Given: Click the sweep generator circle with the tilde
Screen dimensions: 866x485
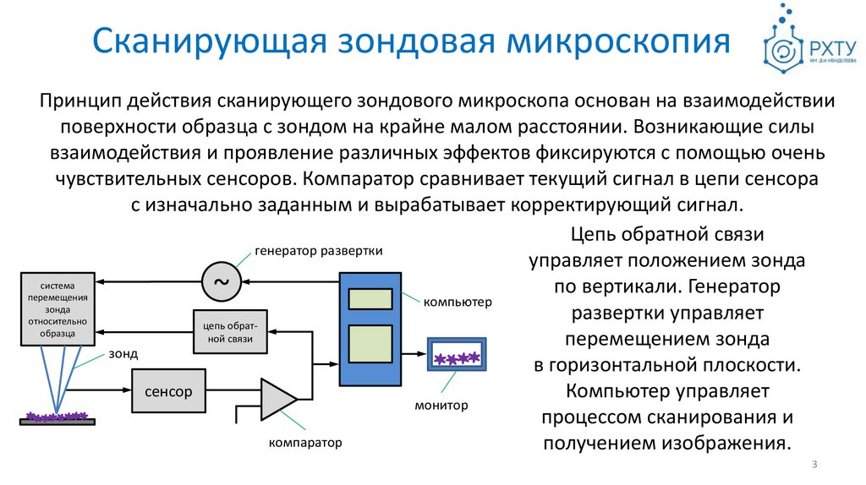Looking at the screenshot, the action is (x=222, y=281).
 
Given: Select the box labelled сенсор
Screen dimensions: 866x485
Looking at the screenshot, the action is (x=168, y=391).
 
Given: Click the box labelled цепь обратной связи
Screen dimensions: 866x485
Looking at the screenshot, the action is (x=230, y=333).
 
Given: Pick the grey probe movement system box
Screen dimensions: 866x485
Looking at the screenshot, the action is (x=59, y=308).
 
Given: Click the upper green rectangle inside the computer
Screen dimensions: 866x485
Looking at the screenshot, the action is (x=370, y=298).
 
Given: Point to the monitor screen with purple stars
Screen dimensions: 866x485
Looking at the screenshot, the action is (x=457, y=358).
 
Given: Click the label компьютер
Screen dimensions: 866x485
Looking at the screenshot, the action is (x=458, y=302).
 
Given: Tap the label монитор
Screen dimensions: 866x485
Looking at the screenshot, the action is (x=441, y=406).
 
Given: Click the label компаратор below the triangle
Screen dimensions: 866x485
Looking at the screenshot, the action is (x=305, y=443).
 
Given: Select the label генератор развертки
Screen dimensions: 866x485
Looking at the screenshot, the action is (x=319, y=251).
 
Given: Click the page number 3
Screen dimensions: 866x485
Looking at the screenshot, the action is (x=814, y=465).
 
